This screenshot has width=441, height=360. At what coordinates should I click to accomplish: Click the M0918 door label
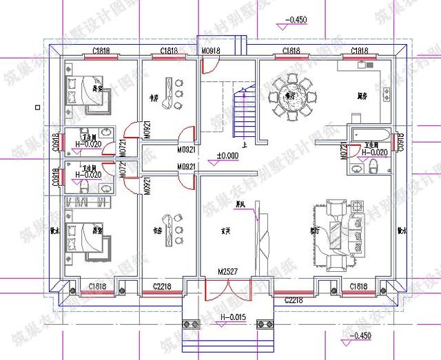pos(209,51)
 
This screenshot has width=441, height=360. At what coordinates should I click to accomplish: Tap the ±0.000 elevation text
pos(227,156)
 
